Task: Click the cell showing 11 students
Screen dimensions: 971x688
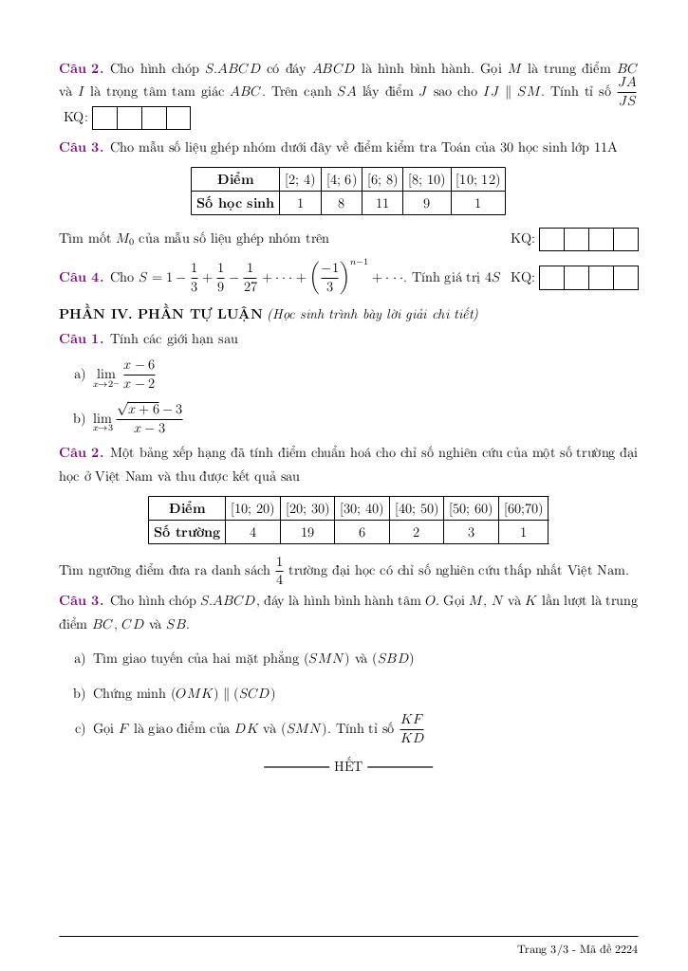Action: [381, 203]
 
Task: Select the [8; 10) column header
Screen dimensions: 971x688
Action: [426, 179]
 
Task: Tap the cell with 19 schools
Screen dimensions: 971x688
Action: [307, 532]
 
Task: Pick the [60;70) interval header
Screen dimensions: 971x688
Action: [524, 508]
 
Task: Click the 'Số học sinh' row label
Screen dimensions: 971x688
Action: [234, 203]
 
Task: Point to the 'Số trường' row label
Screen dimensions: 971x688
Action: [187, 532]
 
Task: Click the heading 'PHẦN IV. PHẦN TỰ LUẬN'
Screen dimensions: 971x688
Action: [161, 314]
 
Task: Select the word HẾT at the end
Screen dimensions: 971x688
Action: [348, 766]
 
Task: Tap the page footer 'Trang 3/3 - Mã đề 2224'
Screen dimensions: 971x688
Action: [577, 949]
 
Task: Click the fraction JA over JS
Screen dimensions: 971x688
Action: [627, 91]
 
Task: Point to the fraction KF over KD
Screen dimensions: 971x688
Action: [412, 728]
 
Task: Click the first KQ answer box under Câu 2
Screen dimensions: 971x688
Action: [104, 118]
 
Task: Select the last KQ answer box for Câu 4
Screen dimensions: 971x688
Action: [625, 278]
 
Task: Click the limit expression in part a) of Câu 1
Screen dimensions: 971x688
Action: [124, 374]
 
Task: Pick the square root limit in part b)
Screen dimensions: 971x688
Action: [138, 418]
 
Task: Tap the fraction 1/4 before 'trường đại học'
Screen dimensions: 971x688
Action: [279, 570]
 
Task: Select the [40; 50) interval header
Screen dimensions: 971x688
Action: [416, 508]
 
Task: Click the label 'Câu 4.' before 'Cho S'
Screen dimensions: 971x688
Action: [81, 278]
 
